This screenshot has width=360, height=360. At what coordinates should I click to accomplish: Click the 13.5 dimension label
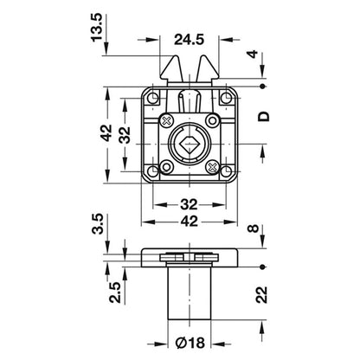(97, 28)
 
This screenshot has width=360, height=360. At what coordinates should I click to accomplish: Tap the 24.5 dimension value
(189, 40)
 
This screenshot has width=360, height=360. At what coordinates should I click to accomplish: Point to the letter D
(264, 116)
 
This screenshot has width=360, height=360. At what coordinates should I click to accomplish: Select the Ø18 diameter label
(190, 343)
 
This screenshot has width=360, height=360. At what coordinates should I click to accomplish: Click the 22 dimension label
(262, 294)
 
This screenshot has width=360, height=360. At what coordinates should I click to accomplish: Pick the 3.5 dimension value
(98, 223)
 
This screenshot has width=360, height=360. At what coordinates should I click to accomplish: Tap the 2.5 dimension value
(115, 292)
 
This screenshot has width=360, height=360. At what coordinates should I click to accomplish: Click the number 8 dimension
(254, 228)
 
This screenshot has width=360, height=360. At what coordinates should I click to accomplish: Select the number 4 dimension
(253, 54)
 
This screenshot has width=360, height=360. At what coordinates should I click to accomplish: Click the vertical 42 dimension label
(106, 132)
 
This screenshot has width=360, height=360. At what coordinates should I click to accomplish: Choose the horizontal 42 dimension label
(190, 222)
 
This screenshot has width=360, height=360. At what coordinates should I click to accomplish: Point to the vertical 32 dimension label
(125, 135)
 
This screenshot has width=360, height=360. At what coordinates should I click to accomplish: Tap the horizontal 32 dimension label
(190, 204)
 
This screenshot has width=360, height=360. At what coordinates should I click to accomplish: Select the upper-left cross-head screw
(167, 120)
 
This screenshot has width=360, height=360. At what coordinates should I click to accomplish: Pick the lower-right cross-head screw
(212, 167)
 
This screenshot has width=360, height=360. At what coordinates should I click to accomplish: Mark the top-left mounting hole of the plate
(153, 99)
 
